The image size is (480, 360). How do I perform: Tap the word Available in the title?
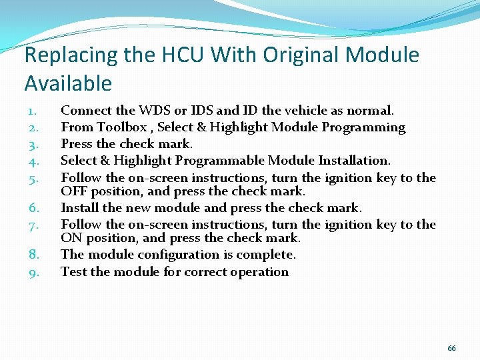click(x=68, y=83)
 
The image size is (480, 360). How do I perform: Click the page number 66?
click(x=452, y=349)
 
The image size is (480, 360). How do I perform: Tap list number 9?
click(x=35, y=272)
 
